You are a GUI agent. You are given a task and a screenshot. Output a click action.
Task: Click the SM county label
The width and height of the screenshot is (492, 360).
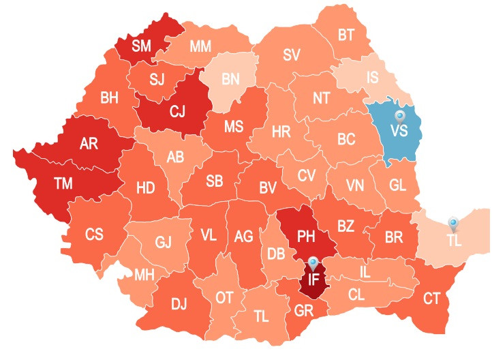(142, 46)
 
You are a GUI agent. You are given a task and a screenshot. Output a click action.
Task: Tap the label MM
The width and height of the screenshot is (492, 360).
(200, 46)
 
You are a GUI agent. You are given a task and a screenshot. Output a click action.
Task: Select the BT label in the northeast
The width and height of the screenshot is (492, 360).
(346, 35)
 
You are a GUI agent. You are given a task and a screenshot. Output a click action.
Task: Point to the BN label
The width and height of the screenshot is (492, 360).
(230, 79)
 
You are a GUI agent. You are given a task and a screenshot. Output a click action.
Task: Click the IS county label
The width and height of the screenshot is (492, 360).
(372, 78)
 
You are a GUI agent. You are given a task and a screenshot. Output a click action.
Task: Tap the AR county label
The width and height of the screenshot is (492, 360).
(89, 144)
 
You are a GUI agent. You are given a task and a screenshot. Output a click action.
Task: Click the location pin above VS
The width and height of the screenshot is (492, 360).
(400, 117)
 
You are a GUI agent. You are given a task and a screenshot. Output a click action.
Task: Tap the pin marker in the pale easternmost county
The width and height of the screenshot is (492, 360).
(453, 223)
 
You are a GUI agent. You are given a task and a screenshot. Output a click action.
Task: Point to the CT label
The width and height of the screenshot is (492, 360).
(432, 297)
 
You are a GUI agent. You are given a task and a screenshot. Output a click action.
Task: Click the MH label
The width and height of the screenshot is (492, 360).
(144, 275)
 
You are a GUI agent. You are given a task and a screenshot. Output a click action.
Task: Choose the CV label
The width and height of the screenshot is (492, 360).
(306, 175)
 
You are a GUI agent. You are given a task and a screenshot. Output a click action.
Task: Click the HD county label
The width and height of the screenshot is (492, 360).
(145, 187)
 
